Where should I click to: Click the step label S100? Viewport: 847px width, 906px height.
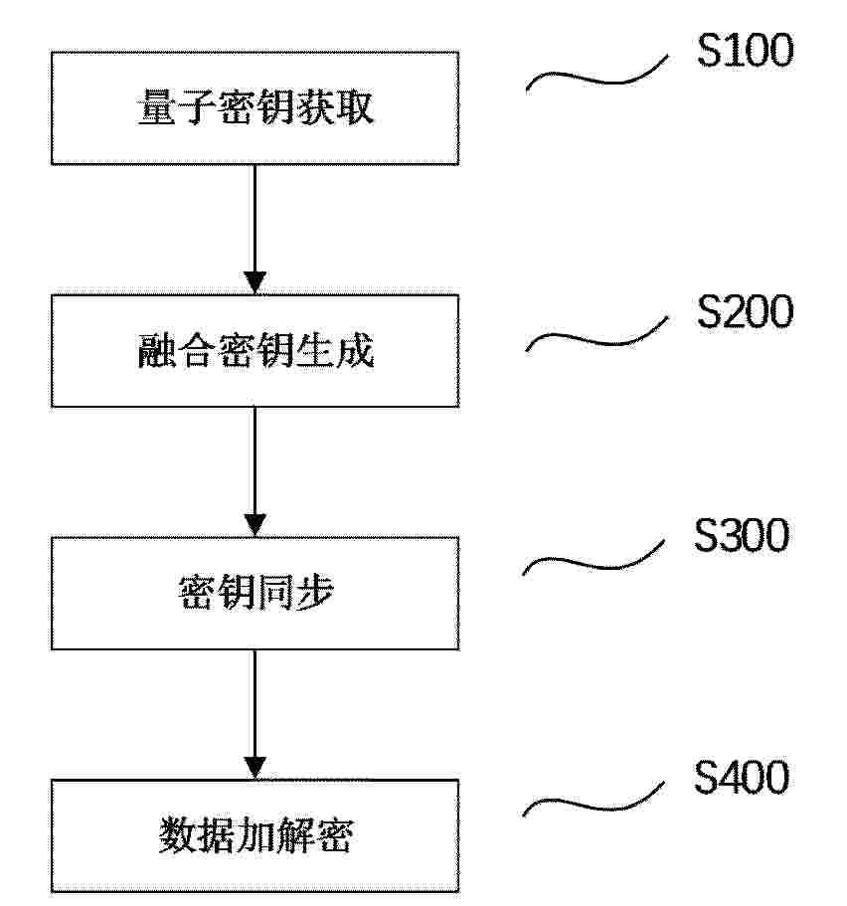point(745,51)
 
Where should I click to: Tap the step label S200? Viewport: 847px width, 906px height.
point(745,311)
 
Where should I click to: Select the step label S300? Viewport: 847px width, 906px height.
point(742,535)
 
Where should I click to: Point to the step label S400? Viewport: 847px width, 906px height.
point(742,777)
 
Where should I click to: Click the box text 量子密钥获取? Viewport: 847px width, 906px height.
point(255,106)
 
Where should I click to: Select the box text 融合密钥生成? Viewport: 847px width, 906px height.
point(255,350)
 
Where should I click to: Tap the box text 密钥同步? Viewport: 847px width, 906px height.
point(255,593)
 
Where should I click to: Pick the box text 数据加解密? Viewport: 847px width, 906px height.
point(255,835)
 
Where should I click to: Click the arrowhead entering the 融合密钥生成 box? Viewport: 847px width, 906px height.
point(254,283)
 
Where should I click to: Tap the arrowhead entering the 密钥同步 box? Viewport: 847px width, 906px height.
point(254,525)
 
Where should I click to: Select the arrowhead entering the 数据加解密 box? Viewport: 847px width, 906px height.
point(254,768)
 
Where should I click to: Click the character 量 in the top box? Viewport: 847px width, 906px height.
point(156,106)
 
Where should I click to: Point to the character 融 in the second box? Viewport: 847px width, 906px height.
point(156,350)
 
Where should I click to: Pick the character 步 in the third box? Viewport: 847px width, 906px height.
point(315,593)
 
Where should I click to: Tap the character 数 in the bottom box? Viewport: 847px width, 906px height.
point(177,835)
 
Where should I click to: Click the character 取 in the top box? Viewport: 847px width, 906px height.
point(355,106)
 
